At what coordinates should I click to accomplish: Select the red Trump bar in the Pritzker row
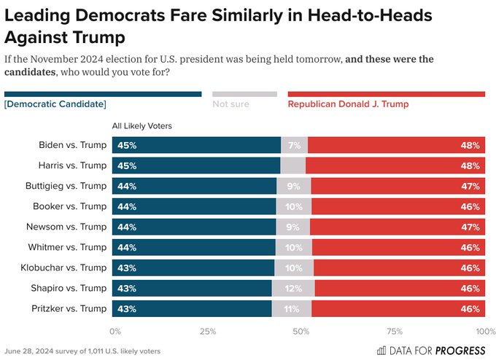[x=398, y=309]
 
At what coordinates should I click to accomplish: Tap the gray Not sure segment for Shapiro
[x=293, y=289]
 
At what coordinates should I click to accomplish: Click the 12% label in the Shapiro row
[x=293, y=289]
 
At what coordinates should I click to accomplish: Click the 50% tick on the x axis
[x=299, y=332]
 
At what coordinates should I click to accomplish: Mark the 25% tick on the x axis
[x=207, y=332]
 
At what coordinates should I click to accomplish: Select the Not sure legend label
[x=230, y=104]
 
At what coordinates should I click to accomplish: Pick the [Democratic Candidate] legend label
[x=55, y=104]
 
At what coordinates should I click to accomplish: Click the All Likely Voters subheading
[x=142, y=126]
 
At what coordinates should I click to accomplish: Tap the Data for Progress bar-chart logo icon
[x=381, y=350]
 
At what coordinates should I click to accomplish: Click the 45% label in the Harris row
[x=128, y=165]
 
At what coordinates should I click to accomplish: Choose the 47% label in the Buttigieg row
[x=470, y=186]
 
